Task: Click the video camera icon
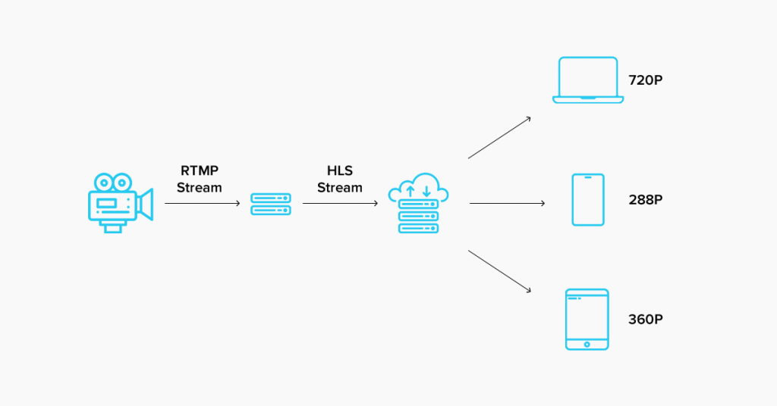pyautogui.click(x=119, y=202)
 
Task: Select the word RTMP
pyautogui.click(x=200, y=171)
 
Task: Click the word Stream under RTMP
pyautogui.click(x=200, y=187)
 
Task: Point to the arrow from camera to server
pyautogui.click(x=202, y=203)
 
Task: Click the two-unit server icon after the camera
pyautogui.click(x=271, y=204)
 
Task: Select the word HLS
pyautogui.click(x=339, y=171)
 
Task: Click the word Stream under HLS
pyautogui.click(x=339, y=187)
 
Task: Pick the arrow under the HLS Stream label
pyautogui.click(x=340, y=203)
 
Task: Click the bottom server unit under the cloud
pyautogui.click(x=418, y=227)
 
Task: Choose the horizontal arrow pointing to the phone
pyautogui.click(x=507, y=203)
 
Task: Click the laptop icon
pyautogui.click(x=588, y=80)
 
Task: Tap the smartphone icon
pyautogui.click(x=588, y=200)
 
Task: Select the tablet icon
pyautogui.click(x=587, y=319)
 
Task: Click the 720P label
pyautogui.click(x=646, y=80)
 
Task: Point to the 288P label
pyautogui.click(x=646, y=200)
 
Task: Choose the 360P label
pyautogui.click(x=646, y=319)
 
